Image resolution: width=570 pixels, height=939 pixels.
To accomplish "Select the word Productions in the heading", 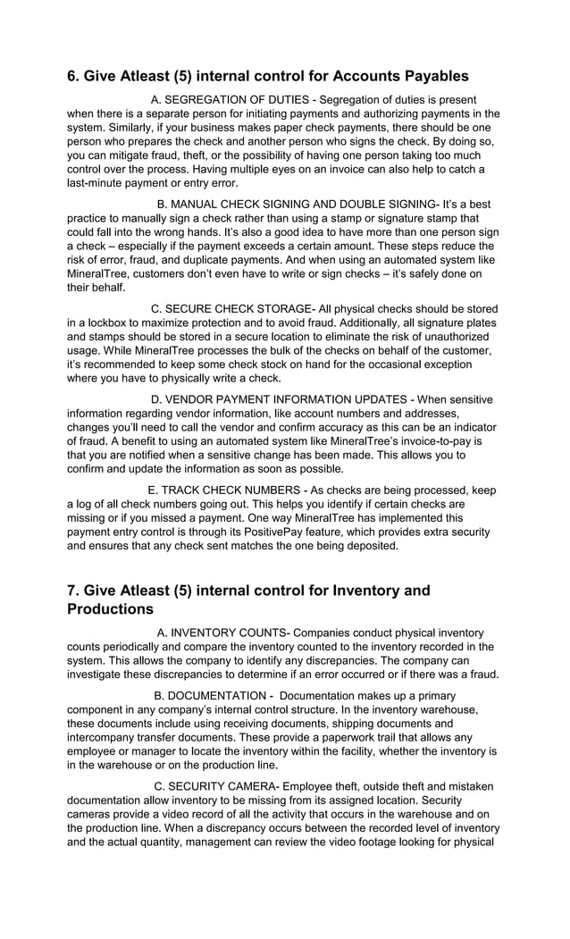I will point(110,609).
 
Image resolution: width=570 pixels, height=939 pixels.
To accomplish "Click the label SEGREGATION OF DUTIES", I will point(237,99).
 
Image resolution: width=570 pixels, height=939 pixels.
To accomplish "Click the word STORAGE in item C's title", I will point(273,308).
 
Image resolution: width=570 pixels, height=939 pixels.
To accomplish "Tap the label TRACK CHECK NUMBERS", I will point(231,490).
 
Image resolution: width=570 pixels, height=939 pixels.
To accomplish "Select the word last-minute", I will point(97,183).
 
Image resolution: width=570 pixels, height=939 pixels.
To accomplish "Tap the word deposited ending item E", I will point(368,545).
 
